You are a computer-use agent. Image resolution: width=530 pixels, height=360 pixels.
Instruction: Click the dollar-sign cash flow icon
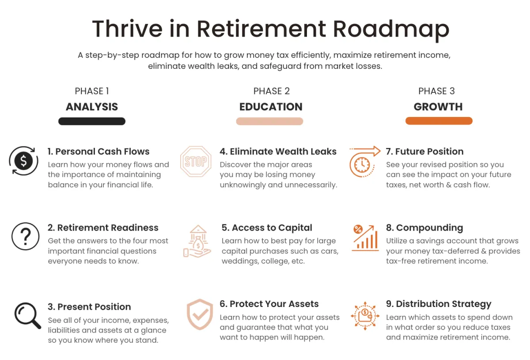pos(23,161)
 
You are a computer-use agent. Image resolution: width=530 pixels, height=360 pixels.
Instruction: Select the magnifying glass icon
pos(28,315)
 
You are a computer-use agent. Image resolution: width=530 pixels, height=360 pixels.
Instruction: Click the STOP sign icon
pos(196,161)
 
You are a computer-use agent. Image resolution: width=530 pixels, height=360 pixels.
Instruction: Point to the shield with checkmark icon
pos(200,314)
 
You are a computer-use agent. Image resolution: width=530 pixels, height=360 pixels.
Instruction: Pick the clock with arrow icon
pos(365,161)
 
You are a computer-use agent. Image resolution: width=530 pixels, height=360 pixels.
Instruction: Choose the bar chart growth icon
pos(365,238)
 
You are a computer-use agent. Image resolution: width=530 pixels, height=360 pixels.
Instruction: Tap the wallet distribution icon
pos(365,316)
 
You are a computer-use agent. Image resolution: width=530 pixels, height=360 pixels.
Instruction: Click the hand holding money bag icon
pos(197,241)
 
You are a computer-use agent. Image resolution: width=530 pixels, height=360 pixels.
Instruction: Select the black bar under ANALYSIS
pos(92,121)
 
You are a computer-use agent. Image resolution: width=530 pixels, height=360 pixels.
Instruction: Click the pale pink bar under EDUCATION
pos(269,121)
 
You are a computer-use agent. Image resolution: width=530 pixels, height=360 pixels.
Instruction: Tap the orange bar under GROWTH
pos(439,121)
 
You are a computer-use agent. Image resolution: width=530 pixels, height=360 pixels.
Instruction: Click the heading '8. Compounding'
pos(424,227)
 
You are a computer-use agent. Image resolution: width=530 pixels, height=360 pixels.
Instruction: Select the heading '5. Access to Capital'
pos(267,227)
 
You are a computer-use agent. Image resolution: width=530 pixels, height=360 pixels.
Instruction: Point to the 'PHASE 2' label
pos(271,91)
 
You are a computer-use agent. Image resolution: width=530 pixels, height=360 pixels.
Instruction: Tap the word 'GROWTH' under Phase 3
pos(438,107)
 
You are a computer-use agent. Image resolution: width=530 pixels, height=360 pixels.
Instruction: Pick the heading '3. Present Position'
pos(89,307)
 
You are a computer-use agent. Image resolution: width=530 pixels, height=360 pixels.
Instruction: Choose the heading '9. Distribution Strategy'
pos(439,304)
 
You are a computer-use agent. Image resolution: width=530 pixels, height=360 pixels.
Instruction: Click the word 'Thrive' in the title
pos(127,29)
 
